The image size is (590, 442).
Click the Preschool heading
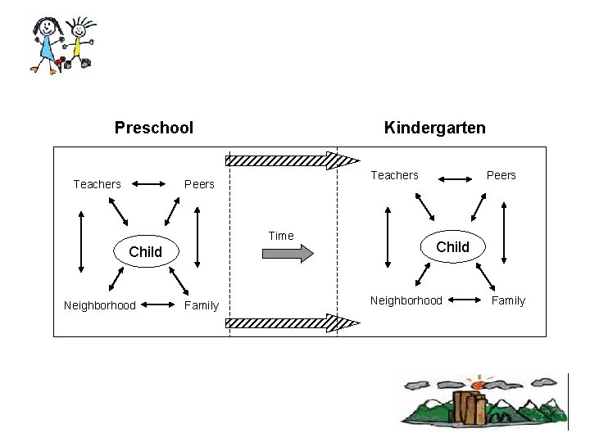154,128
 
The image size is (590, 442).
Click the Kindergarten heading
434,128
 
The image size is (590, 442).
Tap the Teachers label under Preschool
97,184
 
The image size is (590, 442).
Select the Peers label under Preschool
199,184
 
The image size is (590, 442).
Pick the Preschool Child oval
146,251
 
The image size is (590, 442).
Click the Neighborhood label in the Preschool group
100,305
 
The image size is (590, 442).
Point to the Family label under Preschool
202,305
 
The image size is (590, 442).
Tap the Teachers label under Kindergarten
394,175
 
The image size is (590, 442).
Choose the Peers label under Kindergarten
501,175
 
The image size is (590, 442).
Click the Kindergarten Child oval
452,246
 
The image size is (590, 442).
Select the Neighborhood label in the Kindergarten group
406,300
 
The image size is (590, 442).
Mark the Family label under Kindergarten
508,300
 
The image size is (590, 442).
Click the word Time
281,236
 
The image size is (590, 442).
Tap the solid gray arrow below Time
287,253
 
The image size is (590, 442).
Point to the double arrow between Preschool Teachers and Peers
148,184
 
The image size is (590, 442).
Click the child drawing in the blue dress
48,45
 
